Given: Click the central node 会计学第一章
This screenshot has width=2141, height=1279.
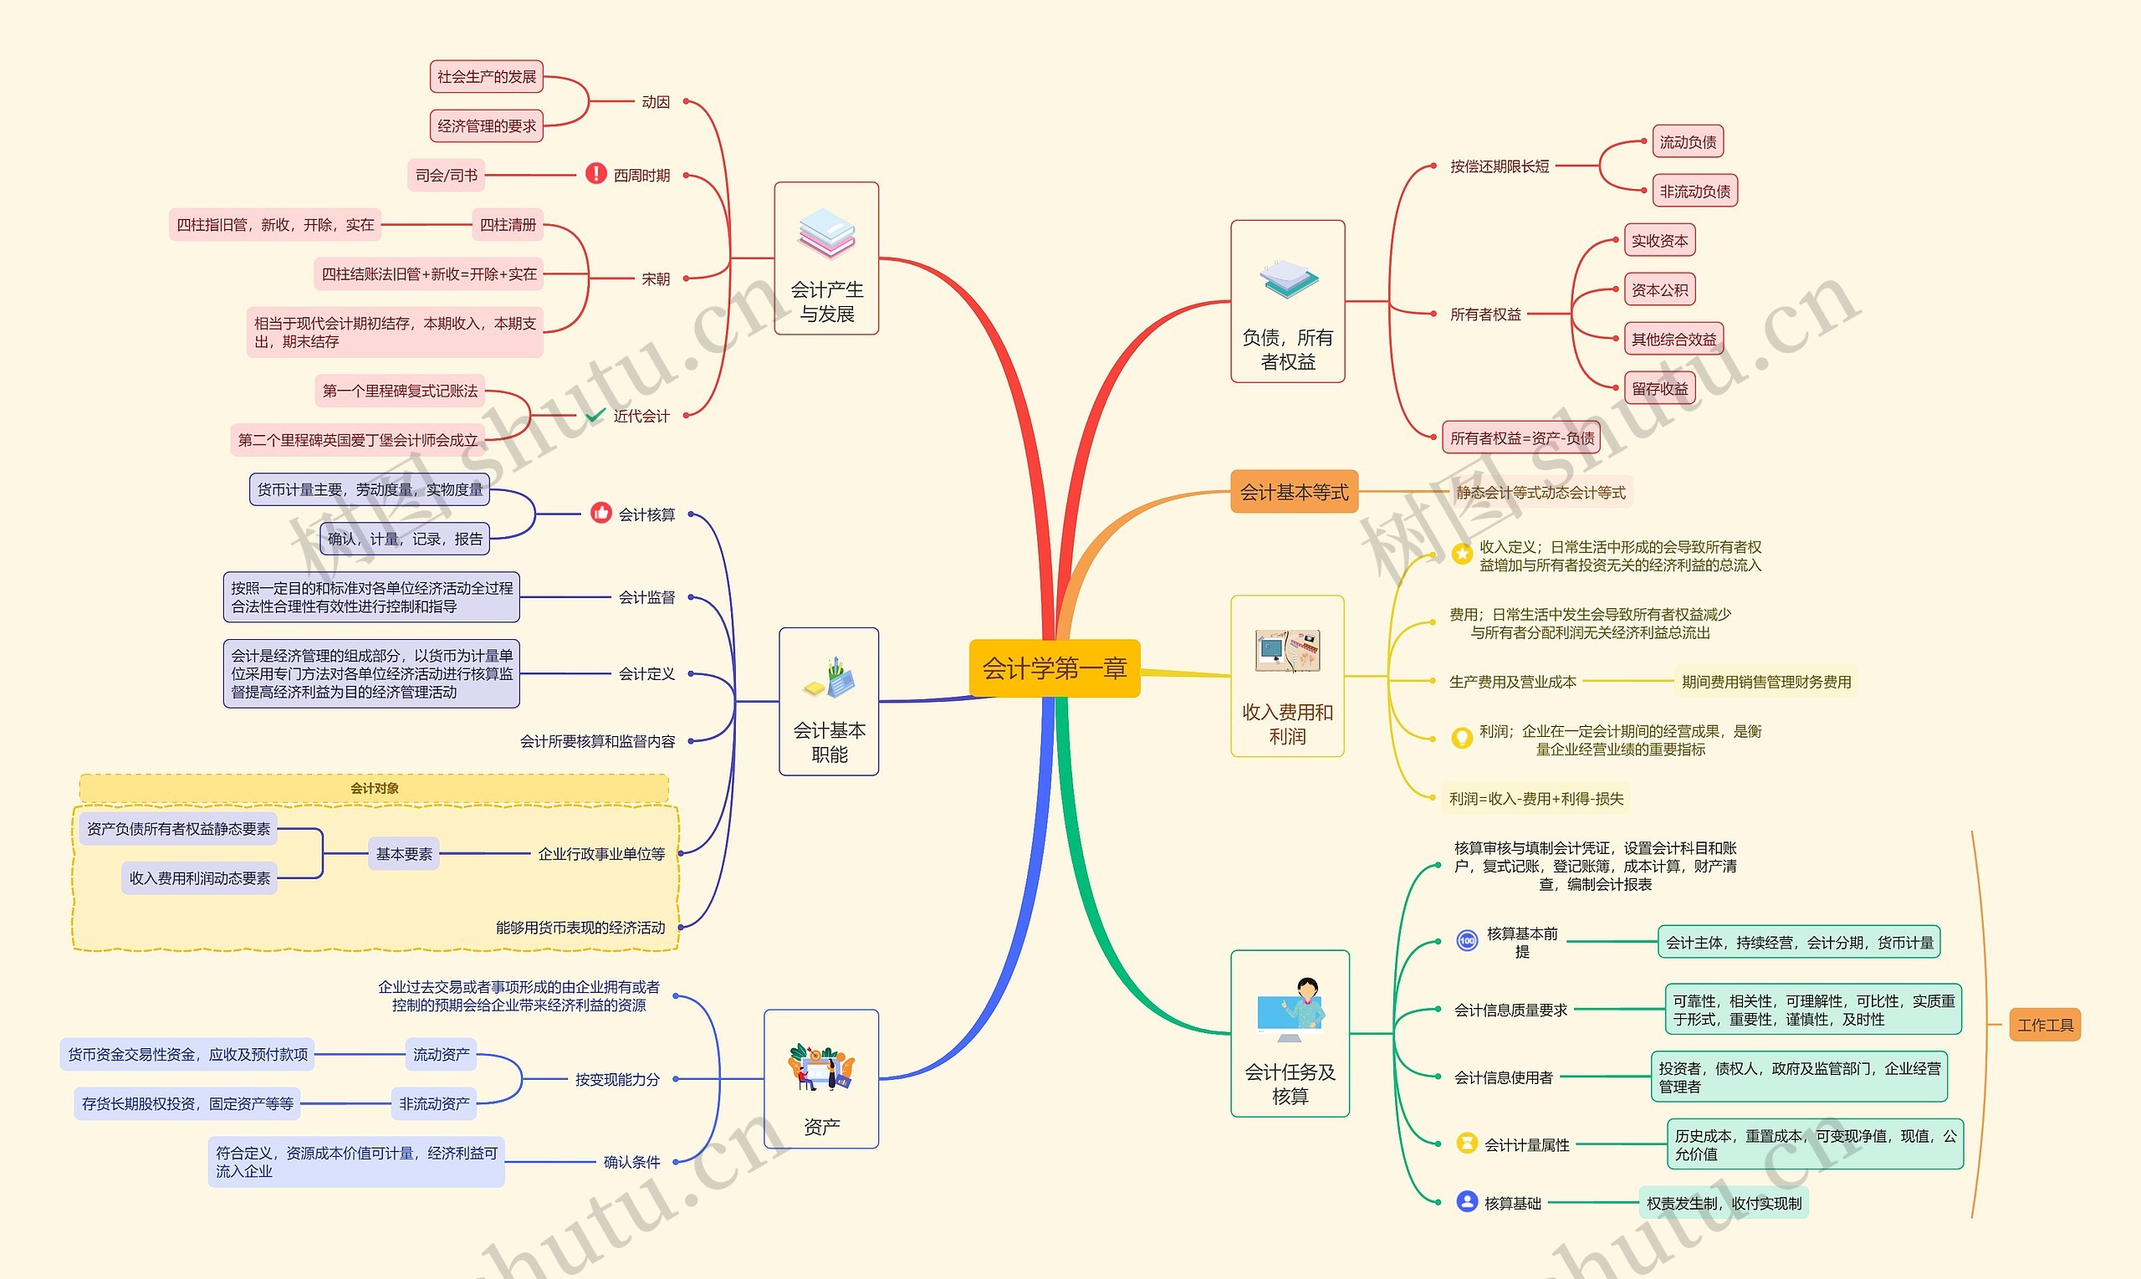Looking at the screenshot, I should (x=1054, y=668).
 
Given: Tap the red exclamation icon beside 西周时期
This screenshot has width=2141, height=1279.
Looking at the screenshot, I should (x=595, y=174).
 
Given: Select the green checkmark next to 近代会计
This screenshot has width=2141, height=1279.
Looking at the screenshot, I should (x=595, y=416).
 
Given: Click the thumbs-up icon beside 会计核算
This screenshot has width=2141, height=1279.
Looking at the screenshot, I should (x=600, y=514).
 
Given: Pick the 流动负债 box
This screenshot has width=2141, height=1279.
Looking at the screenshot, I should (x=1687, y=141).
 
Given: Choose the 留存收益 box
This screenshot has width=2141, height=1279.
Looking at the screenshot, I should (x=1658, y=388).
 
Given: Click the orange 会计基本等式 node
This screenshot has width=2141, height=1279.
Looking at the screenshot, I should (x=1293, y=491).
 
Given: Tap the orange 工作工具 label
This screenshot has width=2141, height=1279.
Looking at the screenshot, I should (x=2044, y=1025).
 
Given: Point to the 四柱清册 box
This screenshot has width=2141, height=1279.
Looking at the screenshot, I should (x=508, y=224).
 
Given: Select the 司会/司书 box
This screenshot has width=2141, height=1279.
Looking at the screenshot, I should (x=446, y=175).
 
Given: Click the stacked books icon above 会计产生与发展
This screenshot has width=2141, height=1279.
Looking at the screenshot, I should (x=826, y=233).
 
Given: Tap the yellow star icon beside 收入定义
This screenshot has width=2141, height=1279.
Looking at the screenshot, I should (x=1461, y=553).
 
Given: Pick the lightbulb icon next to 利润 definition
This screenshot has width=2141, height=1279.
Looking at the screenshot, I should (x=1461, y=739).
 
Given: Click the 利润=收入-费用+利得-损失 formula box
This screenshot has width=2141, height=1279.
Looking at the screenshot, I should (x=1535, y=798).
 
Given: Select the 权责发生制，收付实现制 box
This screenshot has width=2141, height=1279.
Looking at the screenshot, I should (x=1723, y=1202).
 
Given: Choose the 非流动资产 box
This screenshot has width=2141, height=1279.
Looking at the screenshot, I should (x=433, y=1103).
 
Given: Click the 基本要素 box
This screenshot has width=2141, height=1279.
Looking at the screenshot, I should (x=403, y=853).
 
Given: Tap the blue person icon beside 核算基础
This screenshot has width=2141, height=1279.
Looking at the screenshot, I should (x=1466, y=1200).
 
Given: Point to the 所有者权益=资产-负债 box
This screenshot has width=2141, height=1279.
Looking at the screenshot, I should (x=1520, y=437).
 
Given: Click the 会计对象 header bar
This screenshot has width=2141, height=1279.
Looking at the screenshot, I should (x=374, y=788).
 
